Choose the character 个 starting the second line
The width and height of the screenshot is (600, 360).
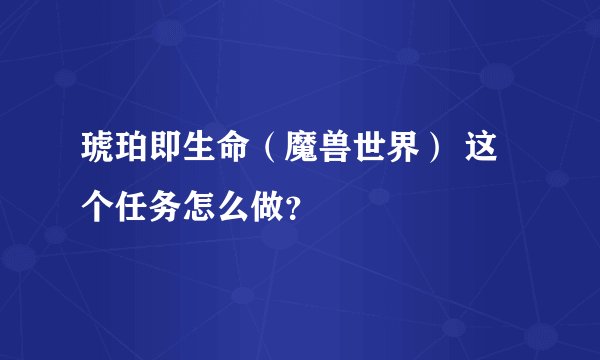(x=97, y=207)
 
